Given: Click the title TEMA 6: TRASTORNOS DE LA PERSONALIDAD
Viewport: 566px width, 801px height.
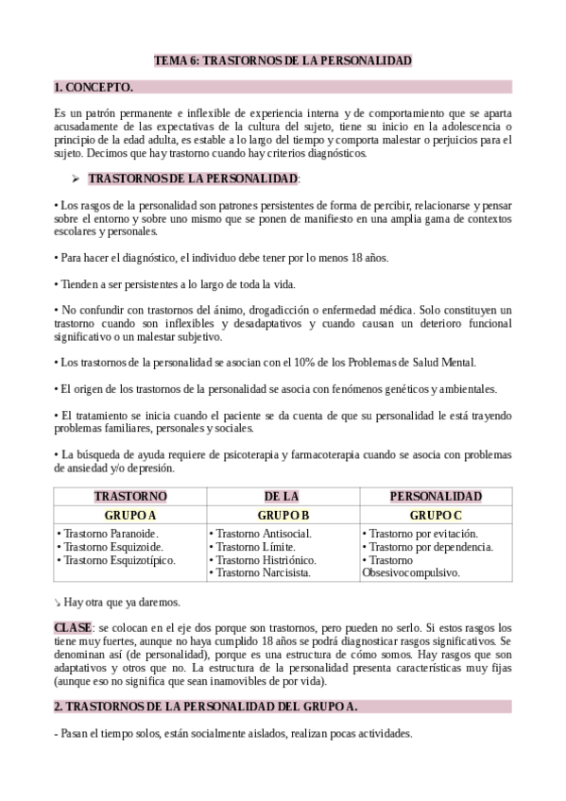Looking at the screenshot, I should pos(283,60).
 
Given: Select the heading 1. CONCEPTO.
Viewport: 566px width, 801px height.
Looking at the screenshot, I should pos(93,88).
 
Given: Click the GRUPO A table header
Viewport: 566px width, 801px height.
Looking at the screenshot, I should pos(130,516).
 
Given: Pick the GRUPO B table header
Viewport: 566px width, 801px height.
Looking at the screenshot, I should pos(283,516).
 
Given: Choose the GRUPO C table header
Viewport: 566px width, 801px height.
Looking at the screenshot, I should pos(436,516).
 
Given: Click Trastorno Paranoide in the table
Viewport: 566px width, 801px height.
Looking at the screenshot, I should pos(107,534).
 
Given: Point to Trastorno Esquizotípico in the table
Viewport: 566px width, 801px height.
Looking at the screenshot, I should pos(117,559).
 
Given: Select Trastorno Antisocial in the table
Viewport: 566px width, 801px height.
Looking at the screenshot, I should pos(260,534).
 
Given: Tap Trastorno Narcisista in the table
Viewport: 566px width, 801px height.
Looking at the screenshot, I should pos(259,572).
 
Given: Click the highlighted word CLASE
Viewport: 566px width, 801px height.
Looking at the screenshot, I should pos(73,627).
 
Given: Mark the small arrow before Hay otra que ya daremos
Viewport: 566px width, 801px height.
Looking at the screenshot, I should pos(58,602).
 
